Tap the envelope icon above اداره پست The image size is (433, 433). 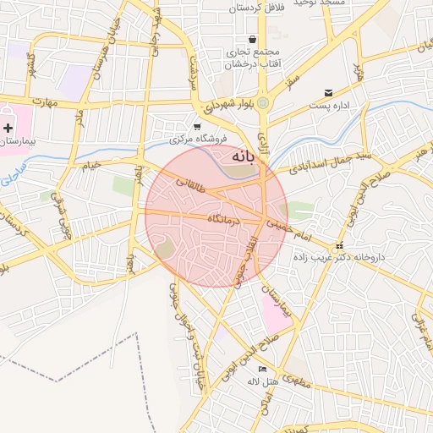pyautogui.click(x=328, y=92)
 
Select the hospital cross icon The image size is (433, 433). pyautogui.click(x=8, y=128)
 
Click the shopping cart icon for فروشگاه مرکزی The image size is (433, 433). pyautogui.click(x=197, y=126)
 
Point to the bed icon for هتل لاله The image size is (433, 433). pyautogui.click(x=262, y=370)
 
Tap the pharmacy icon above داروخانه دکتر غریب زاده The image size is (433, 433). pyautogui.click(x=339, y=246)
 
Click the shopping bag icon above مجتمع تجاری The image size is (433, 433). pyautogui.click(x=252, y=40)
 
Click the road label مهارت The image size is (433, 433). pyautogui.click(x=39, y=103)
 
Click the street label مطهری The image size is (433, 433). pyautogui.click(x=298, y=384)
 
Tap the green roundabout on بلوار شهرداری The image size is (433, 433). pyautogui.click(x=264, y=103)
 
